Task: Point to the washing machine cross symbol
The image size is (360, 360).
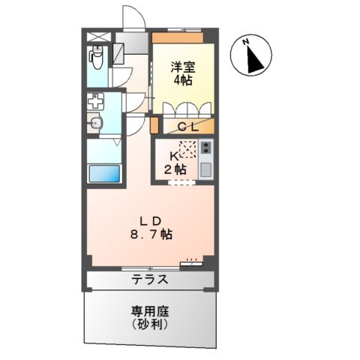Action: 96,101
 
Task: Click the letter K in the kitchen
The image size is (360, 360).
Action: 172,155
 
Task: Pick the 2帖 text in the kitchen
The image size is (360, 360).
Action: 175,169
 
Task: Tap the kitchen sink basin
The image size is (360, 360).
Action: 207,167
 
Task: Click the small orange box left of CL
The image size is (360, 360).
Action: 155,126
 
